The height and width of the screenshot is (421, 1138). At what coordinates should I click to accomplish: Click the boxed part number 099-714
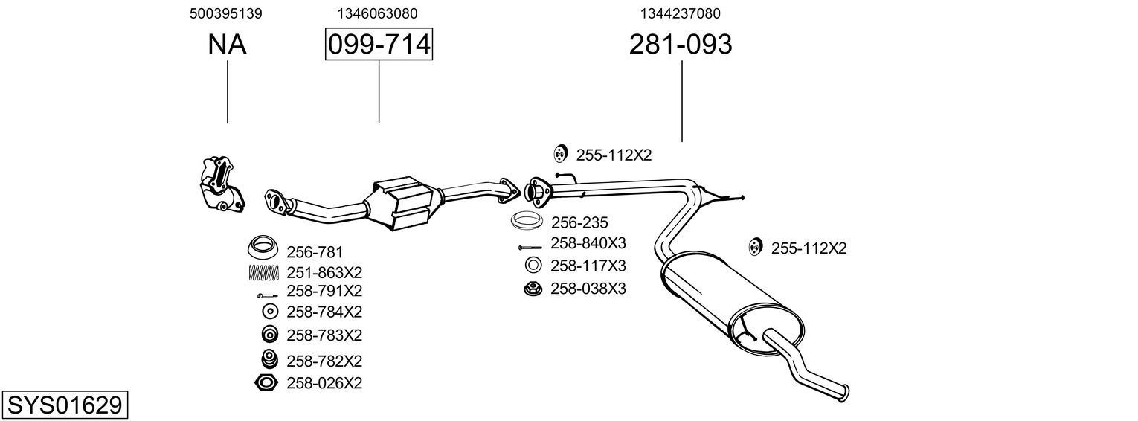coord(379,45)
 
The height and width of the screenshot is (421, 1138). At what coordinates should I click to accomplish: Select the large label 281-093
coord(681,45)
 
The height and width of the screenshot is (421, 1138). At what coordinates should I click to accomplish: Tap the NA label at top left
coord(227,45)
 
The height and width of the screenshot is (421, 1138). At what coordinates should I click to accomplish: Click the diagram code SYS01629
coord(64,405)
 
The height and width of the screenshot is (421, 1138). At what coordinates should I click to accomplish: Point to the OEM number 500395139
coord(226,13)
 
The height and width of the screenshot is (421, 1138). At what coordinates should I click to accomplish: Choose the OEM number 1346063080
coord(377,13)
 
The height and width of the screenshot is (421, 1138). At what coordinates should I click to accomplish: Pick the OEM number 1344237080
coord(680,13)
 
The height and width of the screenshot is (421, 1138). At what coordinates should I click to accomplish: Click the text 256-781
coord(315,252)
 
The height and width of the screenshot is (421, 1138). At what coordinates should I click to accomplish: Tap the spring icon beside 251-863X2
coord(263,273)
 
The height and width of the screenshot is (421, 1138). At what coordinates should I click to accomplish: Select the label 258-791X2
coord(324,291)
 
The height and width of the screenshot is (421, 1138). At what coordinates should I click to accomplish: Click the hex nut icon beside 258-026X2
coord(266,383)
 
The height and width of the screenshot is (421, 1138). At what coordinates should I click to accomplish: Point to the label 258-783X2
coord(324,335)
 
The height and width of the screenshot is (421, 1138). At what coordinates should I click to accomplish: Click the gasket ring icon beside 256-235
coord(527,222)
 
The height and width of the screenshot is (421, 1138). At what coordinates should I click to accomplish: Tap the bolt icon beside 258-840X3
coord(530,247)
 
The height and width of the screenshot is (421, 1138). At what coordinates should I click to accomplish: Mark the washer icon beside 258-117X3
coord(533,265)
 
